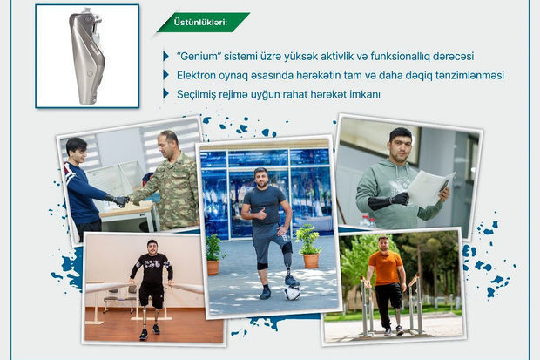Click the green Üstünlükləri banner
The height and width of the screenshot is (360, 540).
[x=203, y=23]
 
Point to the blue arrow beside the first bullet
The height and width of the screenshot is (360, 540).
[x=166, y=56]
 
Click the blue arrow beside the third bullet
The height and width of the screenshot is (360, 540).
[x=166, y=94]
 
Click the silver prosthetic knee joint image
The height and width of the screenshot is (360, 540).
[x=87, y=56]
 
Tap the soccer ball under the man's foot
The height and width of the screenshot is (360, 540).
[x=293, y=293]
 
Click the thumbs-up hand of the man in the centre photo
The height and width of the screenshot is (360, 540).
[x=260, y=214]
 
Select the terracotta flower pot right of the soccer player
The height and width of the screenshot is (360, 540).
[x=311, y=261]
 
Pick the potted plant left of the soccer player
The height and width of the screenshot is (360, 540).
[x=214, y=255]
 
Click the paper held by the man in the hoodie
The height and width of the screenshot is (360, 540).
[x=430, y=189]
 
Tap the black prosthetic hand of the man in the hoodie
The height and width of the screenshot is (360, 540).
[x=400, y=200]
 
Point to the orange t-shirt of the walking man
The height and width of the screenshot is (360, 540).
[x=385, y=268]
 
